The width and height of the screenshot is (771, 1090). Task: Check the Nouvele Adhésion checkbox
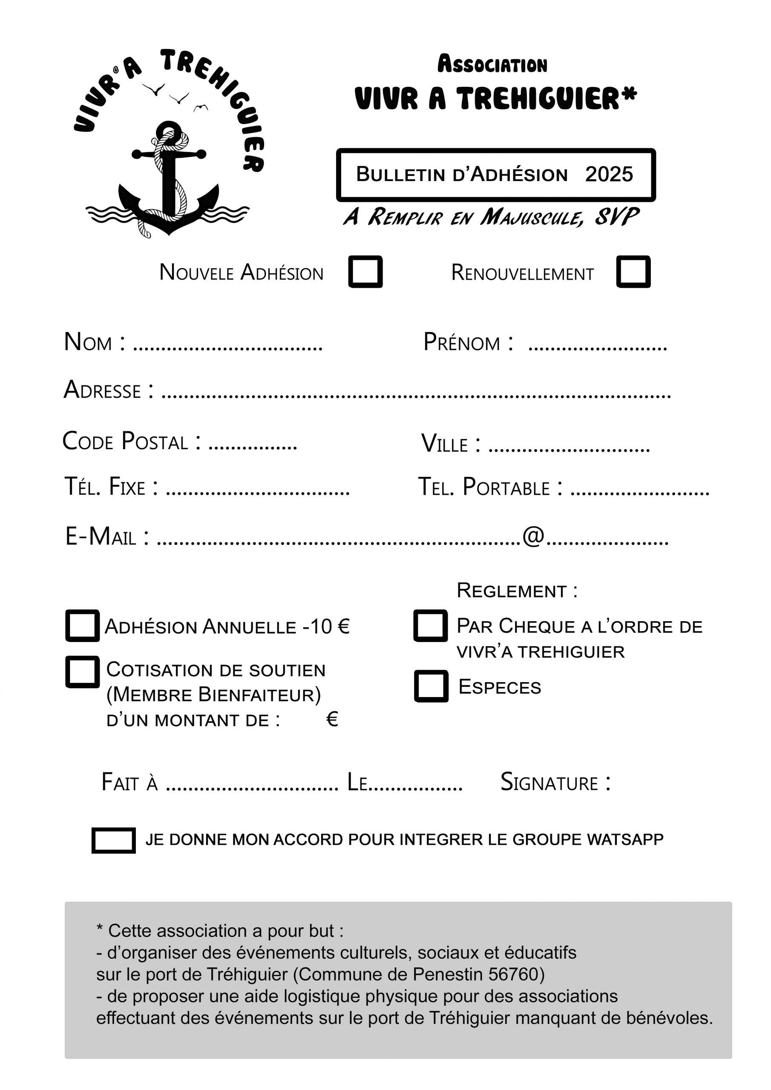point(365,272)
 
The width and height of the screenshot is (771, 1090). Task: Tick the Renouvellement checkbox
point(633,272)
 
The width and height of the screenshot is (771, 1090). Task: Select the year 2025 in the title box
point(609,174)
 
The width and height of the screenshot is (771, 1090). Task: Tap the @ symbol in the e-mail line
point(533,536)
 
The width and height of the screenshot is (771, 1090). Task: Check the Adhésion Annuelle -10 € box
point(83,626)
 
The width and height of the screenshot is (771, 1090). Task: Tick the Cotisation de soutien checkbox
point(83,672)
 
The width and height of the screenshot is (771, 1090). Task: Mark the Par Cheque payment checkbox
point(430,626)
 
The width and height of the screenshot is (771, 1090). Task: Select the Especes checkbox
point(431,686)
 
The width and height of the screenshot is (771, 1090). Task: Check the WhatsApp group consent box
point(114,840)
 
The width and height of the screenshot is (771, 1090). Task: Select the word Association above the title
point(492,65)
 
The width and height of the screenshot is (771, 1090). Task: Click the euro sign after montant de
point(332,719)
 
